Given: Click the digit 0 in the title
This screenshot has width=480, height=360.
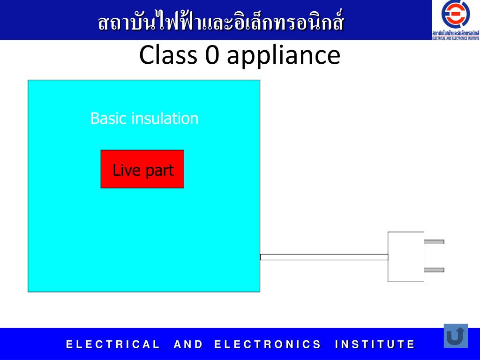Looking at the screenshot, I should coord(209,55).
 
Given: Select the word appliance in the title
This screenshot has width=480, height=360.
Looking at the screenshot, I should coord(283,56).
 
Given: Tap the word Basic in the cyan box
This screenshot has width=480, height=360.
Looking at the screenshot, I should coord(109,118).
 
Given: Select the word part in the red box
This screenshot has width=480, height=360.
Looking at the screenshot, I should coord(158,171).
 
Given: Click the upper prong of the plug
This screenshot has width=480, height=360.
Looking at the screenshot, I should coord(434,242).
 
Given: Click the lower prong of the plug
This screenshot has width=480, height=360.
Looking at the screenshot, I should coord(434,270).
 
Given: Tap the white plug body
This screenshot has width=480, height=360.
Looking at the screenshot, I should coord(405,257).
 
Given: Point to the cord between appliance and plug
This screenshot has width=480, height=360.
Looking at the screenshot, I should coord(324,257).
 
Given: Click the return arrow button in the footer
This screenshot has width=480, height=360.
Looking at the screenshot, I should coord(456,336).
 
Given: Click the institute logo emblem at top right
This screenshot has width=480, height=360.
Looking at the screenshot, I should coord(456,15).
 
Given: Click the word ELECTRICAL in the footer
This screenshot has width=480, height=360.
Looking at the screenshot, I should coord(113,345).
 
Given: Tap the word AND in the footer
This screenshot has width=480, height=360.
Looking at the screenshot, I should coord(188,345).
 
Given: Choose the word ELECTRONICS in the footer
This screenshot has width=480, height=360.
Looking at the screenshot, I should coord(268,345).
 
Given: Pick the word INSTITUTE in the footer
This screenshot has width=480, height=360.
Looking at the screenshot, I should coord(375,345).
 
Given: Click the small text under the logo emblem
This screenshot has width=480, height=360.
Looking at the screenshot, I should coord(456,35).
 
